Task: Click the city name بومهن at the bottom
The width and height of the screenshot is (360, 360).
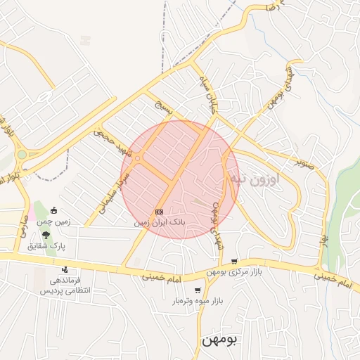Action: pyautogui.click(x=220, y=339)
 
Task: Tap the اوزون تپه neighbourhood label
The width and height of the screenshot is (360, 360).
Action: pyautogui.click(x=255, y=179)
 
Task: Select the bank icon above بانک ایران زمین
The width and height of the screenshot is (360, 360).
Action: pyautogui.click(x=160, y=211)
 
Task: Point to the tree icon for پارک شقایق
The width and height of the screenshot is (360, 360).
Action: pyautogui.click(x=46, y=235)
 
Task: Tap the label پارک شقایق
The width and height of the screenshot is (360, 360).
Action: pyautogui.click(x=46, y=246)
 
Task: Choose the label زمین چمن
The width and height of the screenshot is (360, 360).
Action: pyautogui.click(x=56, y=221)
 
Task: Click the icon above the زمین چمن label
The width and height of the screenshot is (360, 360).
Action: pyautogui.click(x=55, y=210)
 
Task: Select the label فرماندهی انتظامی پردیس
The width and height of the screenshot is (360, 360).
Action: pyautogui.click(x=65, y=285)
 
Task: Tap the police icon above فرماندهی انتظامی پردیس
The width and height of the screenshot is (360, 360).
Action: pyautogui.click(x=65, y=269)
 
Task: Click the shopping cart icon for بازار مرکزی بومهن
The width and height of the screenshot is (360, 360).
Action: pyautogui.click(x=234, y=261)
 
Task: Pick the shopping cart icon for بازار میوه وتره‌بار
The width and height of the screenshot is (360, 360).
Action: pyautogui.click(x=198, y=290)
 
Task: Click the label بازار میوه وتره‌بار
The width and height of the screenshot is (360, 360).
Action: pyautogui.click(x=199, y=301)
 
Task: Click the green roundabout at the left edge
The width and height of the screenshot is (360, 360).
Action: pyautogui.click(x=22, y=154)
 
